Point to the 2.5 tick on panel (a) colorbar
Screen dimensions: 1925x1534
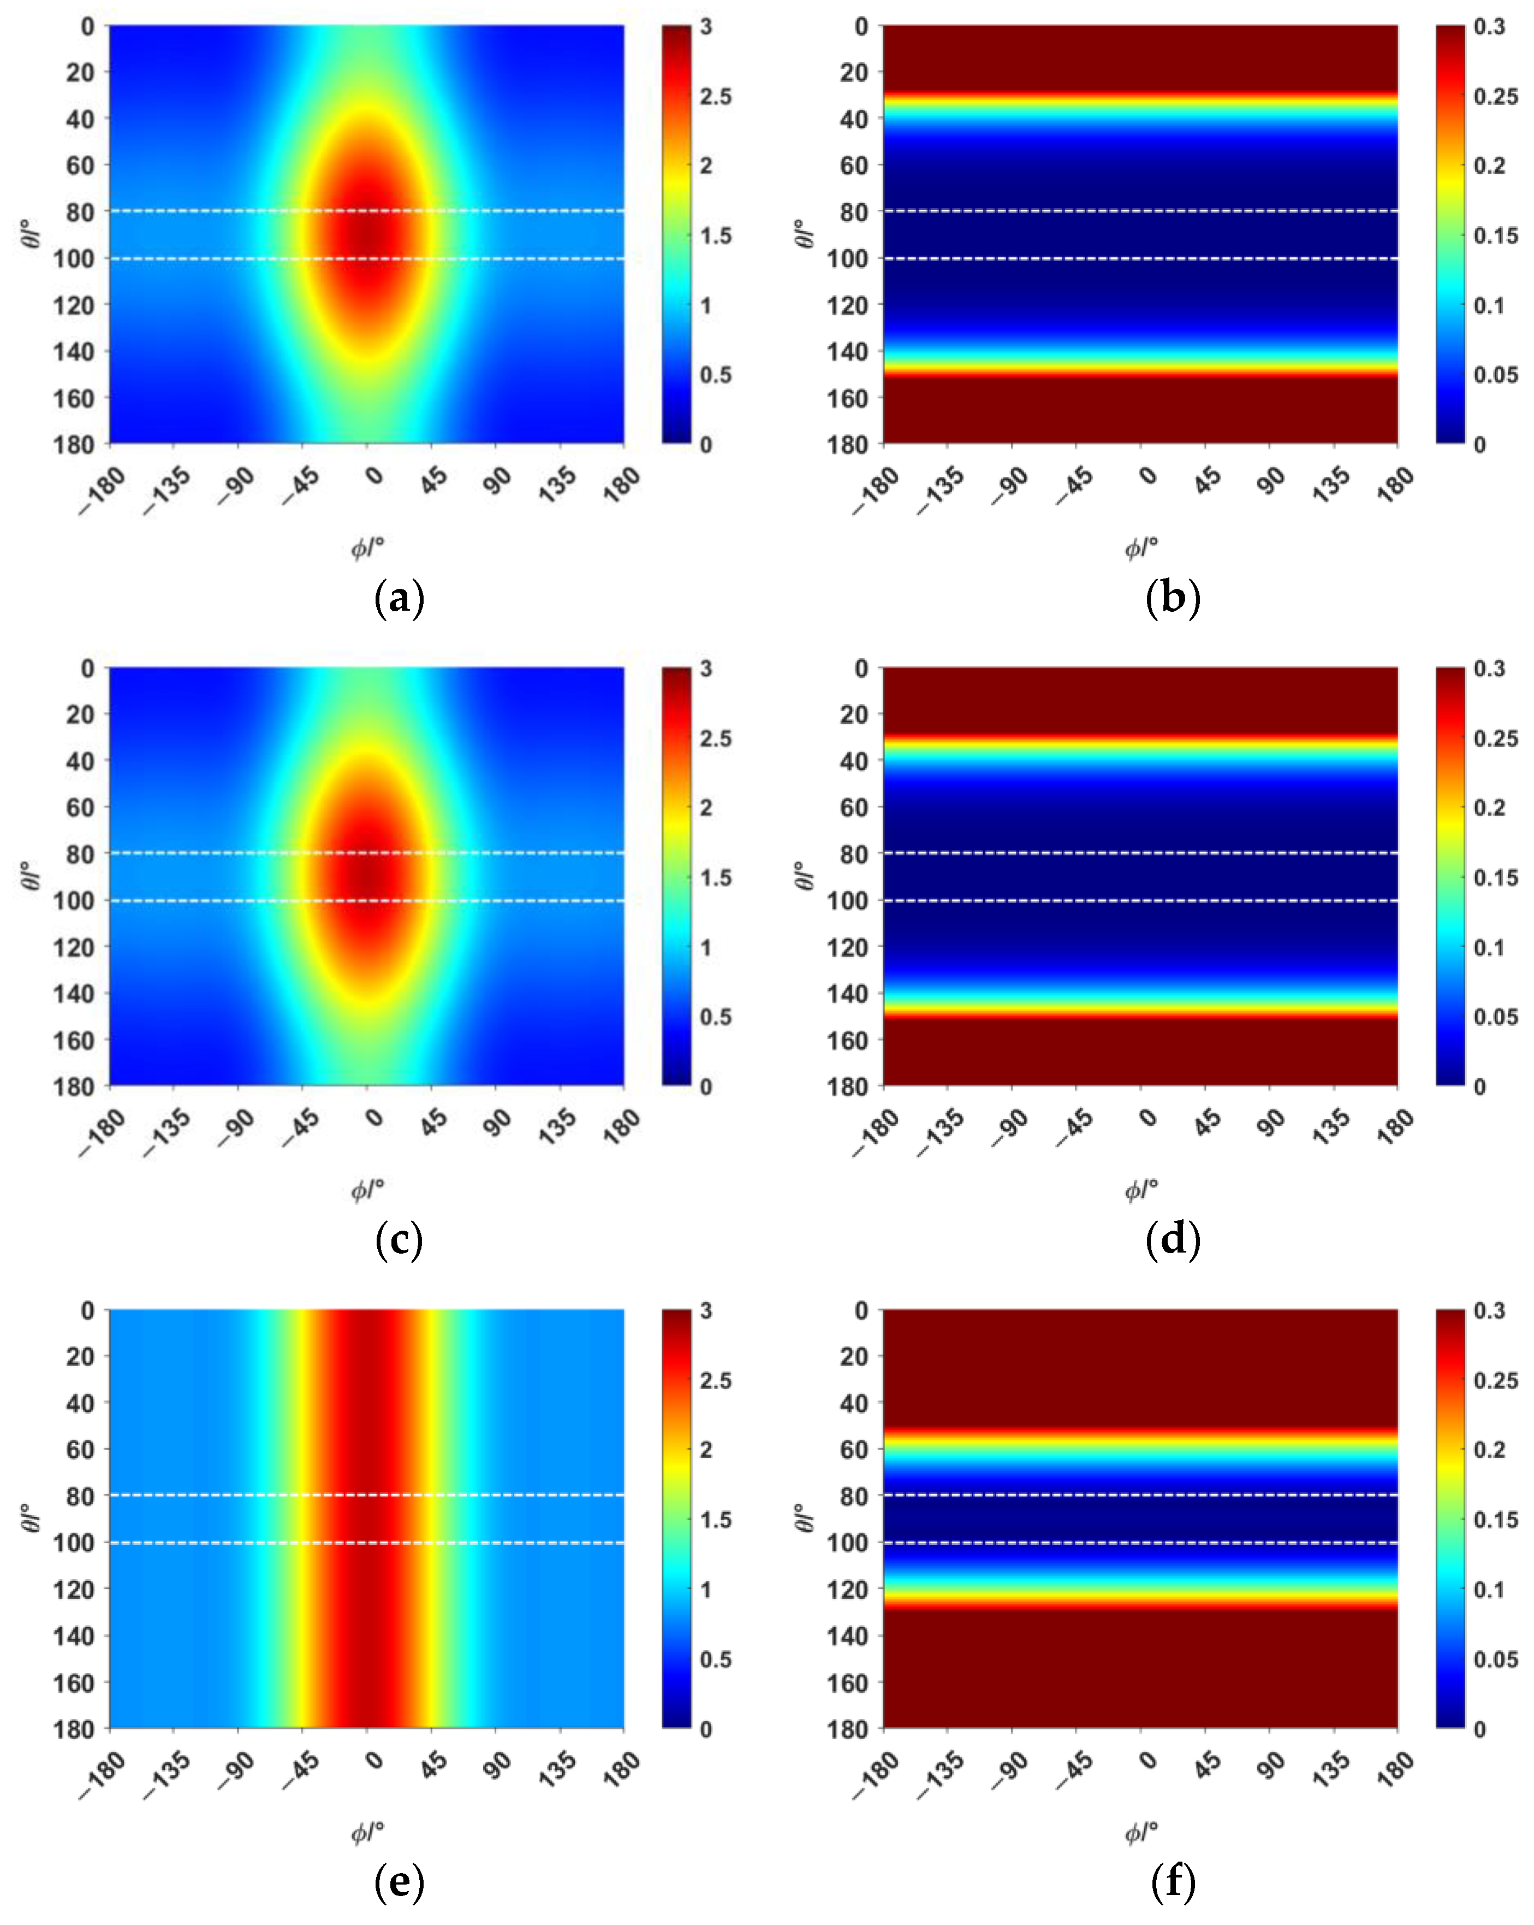(715, 97)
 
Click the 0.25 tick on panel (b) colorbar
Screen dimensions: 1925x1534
(1495, 97)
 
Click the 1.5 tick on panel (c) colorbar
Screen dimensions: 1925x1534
(715, 878)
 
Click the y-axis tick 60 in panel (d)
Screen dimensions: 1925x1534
(854, 807)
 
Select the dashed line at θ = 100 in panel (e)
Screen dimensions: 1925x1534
(366, 1542)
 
